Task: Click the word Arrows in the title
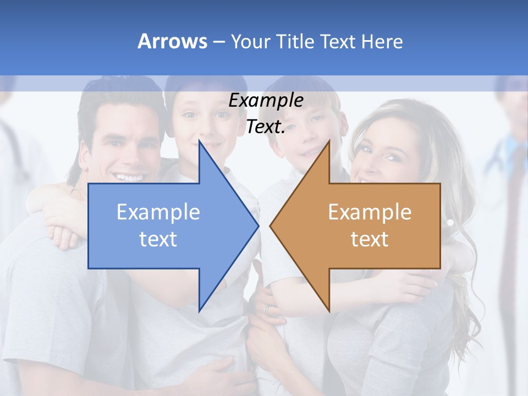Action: (x=172, y=41)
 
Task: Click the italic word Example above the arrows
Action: (x=266, y=101)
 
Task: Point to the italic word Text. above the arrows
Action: (x=266, y=127)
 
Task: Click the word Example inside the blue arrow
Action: (x=158, y=212)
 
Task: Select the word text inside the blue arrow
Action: (x=158, y=239)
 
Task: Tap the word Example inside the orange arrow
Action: (x=370, y=212)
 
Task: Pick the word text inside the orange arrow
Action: (x=370, y=239)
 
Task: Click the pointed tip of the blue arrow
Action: (x=257, y=226)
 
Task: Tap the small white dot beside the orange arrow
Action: (x=450, y=223)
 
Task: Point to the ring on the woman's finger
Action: (x=267, y=310)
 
